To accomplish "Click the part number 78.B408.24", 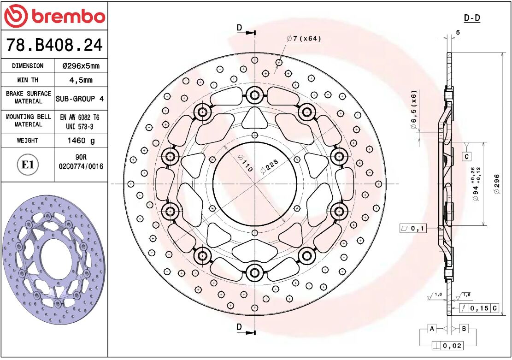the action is (x=54, y=45).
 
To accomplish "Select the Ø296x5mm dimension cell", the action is (x=81, y=66).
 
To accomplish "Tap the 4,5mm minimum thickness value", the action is (x=81, y=80).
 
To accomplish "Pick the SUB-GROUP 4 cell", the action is (x=80, y=99).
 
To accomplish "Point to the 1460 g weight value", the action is (x=81, y=141).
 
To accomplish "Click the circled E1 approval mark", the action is (x=28, y=165).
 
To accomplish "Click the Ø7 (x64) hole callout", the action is (x=304, y=39).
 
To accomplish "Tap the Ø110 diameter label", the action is (x=245, y=162).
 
